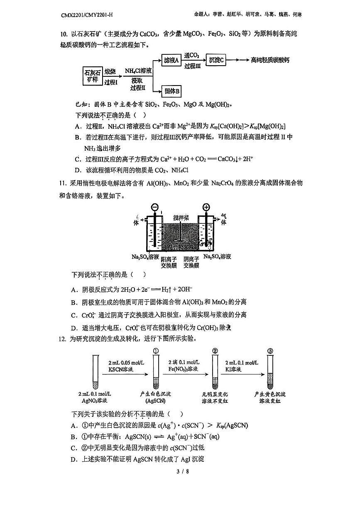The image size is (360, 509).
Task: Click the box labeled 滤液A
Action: (x=171, y=60)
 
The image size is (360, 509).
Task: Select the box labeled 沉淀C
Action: (x=217, y=60)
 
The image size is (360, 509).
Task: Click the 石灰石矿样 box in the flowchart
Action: (x=92, y=76)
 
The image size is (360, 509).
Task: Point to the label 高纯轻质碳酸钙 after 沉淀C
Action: (x=270, y=60)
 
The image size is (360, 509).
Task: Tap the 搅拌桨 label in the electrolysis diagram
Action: (x=182, y=218)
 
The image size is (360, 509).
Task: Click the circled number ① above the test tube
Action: (x=156, y=351)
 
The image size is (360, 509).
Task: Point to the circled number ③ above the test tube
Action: (x=270, y=351)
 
